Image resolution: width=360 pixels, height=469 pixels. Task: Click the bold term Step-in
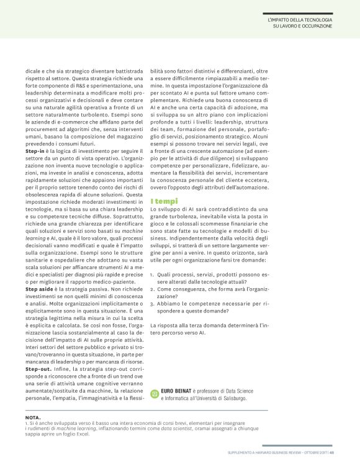point(35,151)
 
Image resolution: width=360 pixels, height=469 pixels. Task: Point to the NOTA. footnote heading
point(34,416)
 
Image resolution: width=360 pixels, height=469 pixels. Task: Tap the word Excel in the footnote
point(99,433)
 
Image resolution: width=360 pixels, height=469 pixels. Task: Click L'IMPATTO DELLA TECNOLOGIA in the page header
point(299,20)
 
